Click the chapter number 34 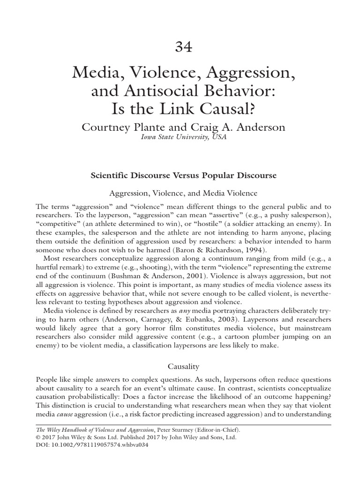pos(183,47)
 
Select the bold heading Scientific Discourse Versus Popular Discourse pos(183,176)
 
